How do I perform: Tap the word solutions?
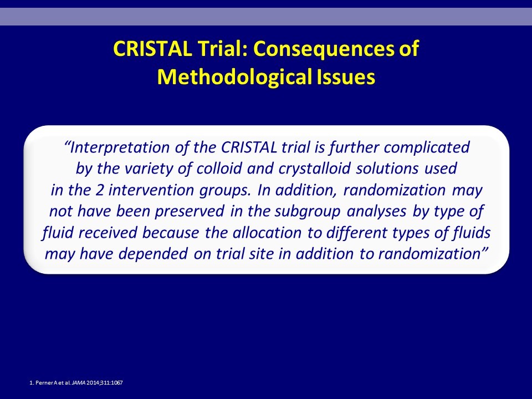point(387,168)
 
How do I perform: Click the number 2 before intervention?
point(99,190)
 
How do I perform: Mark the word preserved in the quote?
point(190,212)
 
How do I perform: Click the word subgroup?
point(308,212)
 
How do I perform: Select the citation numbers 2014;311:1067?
point(105,383)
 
